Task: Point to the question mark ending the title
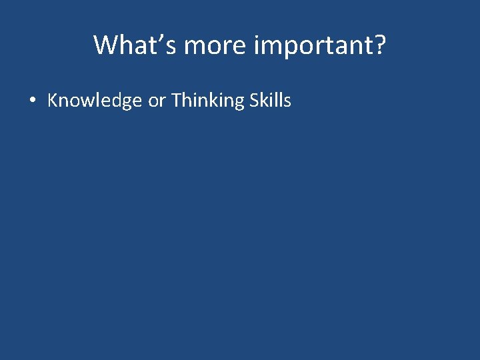[x=380, y=45]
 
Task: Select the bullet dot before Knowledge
[x=32, y=101]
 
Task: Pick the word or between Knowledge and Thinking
[x=157, y=101]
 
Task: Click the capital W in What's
[x=106, y=45]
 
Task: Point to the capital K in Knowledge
[x=53, y=101]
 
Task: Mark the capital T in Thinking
[x=176, y=101]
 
